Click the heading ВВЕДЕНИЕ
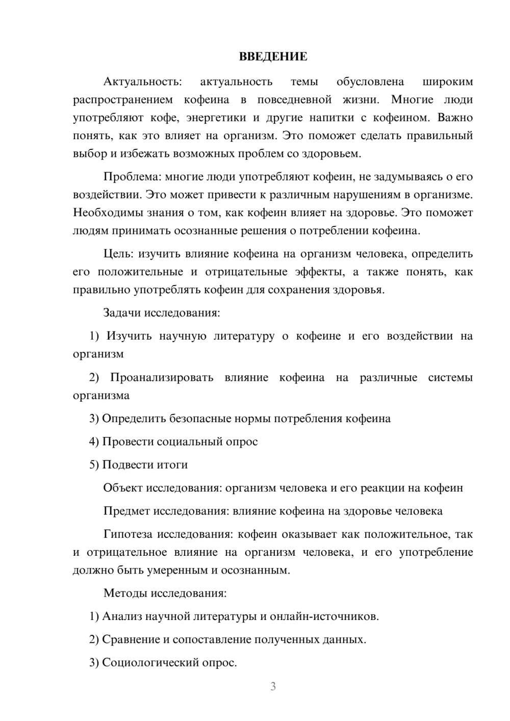click(273, 57)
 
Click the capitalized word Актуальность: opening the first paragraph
click(142, 82)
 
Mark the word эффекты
click(318, 272)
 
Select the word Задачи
click(122, 313)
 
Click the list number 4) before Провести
click(94, 442)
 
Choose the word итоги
click(172, 465)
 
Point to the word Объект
click(123, 488)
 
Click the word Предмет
click(126, 511)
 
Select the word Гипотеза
click(127, 534)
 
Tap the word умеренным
click(177, 570)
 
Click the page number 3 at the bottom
click(273, 686)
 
